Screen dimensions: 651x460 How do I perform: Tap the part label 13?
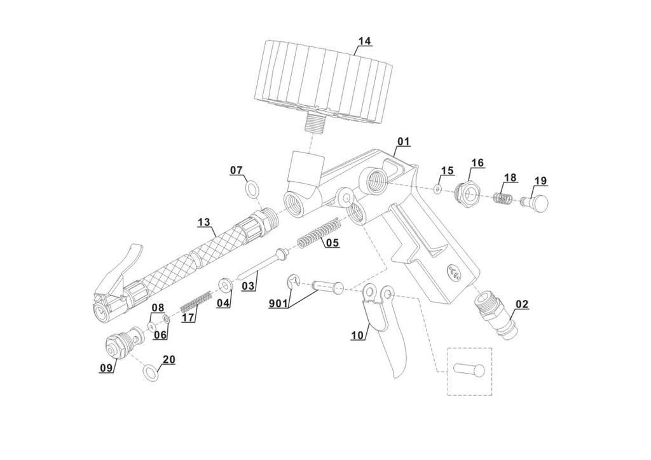204,222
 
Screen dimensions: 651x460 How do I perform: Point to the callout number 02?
522,304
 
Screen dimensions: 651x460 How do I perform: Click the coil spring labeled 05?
319,234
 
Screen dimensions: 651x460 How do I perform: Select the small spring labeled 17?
196,302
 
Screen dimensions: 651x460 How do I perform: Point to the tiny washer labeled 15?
437,189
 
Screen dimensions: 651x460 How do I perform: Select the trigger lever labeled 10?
381,328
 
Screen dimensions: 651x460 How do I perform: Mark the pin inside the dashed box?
469,369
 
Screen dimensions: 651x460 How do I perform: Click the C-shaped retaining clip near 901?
292,281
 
